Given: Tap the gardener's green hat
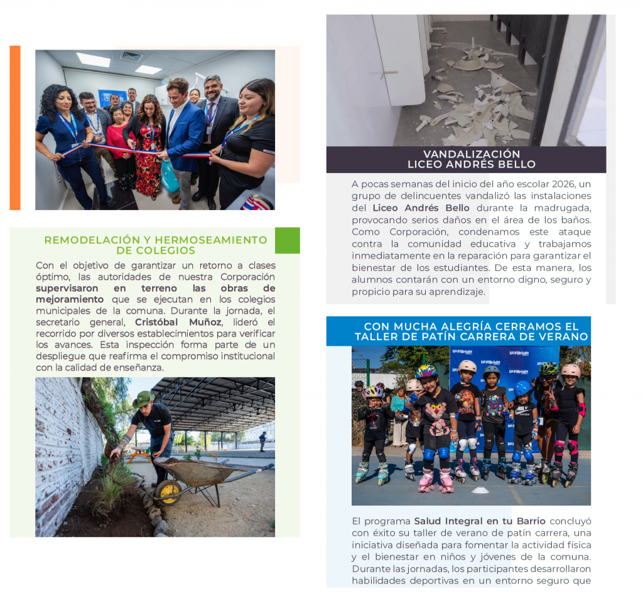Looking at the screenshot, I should pyautogui.click(x=143, y=398).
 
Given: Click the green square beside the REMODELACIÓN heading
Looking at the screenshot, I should pyautogui.click(x=287, y=240).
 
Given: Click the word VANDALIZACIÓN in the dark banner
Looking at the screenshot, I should pyautogui.click(x=472, y=154).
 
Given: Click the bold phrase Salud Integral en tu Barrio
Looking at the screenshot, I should pyautogui.click(x=480, y=521).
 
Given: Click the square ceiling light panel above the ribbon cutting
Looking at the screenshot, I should pyautogui.click(x=94, y=60).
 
